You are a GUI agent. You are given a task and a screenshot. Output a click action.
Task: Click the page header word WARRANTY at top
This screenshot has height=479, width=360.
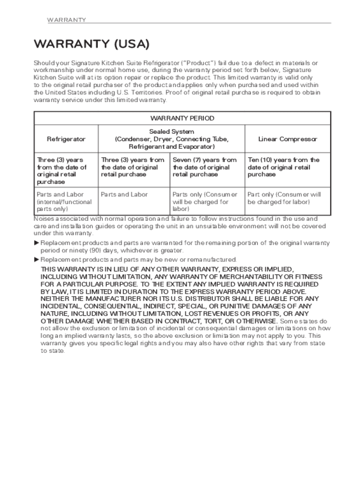pyautogui.click(x=66, y=20)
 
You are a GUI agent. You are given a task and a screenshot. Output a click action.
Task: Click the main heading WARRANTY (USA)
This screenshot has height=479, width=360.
pyautogui.click(x=91, y=44)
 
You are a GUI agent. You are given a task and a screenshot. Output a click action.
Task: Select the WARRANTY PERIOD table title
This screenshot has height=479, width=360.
pyautogui.click(x=182, y=118)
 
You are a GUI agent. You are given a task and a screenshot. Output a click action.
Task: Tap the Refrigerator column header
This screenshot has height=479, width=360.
pyautogui.click(x=66, y=139)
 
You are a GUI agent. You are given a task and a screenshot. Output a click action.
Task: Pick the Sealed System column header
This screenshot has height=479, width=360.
pyautogui.click(x=172, y=139)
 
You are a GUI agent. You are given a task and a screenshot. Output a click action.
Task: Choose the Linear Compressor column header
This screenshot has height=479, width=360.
pyautogui.click(x=288, y=139)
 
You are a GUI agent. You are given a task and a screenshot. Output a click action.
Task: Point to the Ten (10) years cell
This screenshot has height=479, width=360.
pyautogui.click(x=283, y=167)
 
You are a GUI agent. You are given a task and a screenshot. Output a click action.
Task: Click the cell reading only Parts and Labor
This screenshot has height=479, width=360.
pyautogui.click(x=124, y=195)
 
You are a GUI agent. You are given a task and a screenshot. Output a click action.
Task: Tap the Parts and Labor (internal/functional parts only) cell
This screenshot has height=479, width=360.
pyautogui.click(x=64, y=202)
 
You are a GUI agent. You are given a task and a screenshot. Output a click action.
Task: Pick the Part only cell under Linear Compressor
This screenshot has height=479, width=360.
pyautogui.click(x=284, y=198)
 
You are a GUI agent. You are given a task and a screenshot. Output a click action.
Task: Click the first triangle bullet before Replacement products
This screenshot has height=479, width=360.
pyautogui.click(x=37, y=243)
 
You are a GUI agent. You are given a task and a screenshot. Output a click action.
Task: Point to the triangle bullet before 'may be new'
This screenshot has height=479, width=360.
pyautogui.click(x=37, y=260)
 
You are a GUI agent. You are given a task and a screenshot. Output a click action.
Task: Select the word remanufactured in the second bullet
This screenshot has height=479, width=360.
pyautogui.click(x=213, y=260)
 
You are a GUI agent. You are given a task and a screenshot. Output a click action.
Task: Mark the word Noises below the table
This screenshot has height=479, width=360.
pyautogui.click(x=44, y=218)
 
